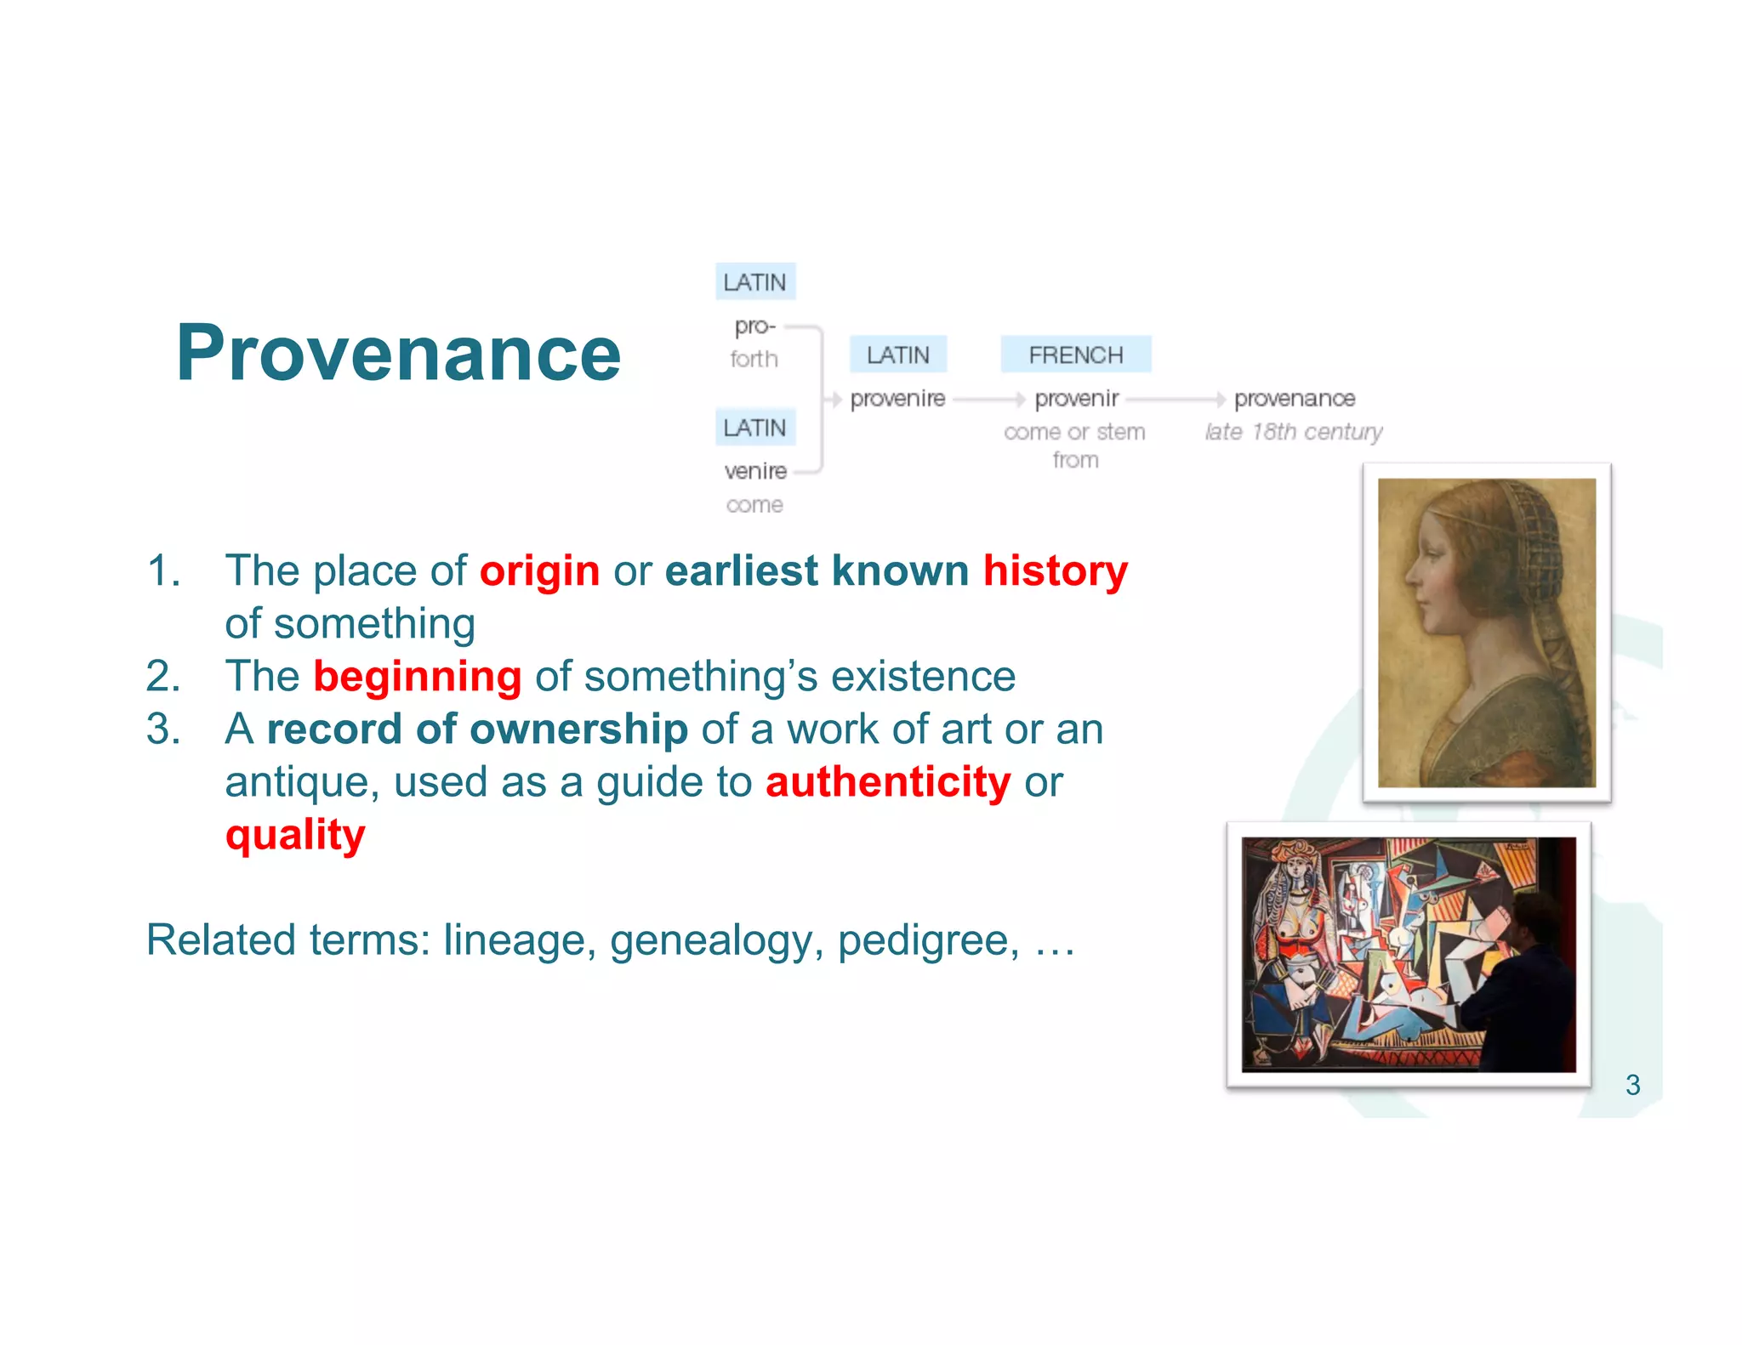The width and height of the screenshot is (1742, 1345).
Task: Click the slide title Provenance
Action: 398,353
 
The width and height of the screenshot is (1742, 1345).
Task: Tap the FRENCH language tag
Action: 1075,355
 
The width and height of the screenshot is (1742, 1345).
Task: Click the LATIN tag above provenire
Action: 897,355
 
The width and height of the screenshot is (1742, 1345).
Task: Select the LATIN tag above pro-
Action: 754,282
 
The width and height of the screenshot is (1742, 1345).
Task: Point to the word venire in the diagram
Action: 754,471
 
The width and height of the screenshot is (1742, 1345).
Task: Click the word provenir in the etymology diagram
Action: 1076,399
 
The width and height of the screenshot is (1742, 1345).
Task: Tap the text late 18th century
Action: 1293,432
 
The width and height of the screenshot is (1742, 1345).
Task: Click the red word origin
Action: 539,571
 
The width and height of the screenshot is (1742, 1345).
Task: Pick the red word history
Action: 1055,571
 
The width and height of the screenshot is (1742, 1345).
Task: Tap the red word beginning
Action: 417,677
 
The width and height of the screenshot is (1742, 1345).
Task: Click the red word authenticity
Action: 888,782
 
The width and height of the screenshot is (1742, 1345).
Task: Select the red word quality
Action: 295,835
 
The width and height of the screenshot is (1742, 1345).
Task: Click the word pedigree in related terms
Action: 928,940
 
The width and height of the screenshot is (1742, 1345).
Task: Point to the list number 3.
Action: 163,729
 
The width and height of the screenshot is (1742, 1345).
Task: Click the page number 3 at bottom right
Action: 1632,1085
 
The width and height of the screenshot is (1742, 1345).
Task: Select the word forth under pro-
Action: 754,360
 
